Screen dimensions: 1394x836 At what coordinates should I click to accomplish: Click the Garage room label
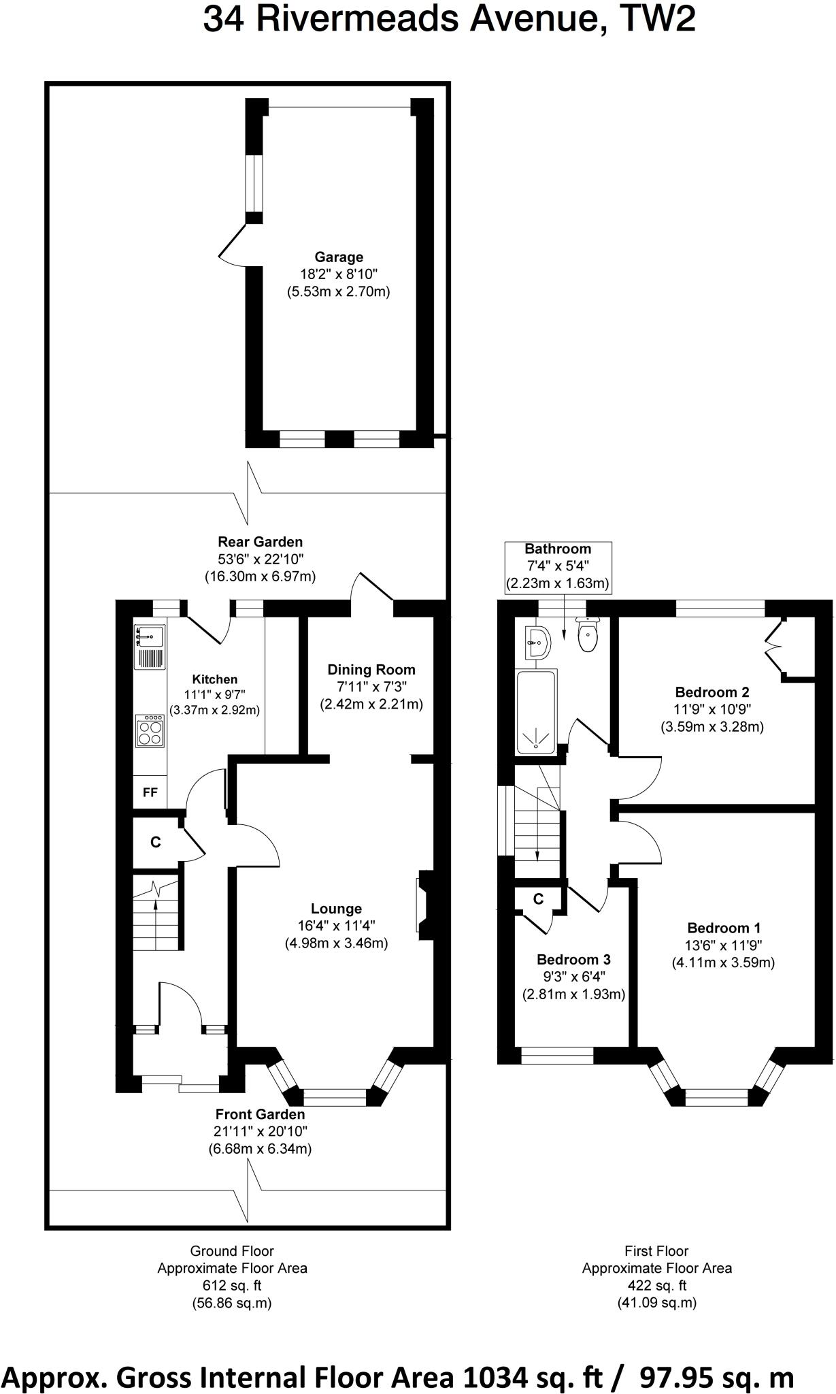click(338, 257)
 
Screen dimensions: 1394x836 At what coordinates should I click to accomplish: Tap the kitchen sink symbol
click(150, 637)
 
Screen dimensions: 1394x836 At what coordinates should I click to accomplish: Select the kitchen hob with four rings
click(150, 730)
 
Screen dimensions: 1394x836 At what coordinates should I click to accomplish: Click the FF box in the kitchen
click(150, 793)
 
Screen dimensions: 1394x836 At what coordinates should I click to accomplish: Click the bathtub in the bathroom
click(536, 711)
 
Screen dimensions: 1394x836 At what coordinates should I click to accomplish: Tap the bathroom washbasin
click(538, 642)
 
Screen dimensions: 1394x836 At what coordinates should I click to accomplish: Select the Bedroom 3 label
click(573, 960)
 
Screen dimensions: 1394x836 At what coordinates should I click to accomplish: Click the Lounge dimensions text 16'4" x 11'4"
click(336, 926)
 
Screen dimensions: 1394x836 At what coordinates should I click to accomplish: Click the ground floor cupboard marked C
click(156, 843)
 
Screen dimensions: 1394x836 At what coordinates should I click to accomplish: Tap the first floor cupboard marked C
click(538, 899)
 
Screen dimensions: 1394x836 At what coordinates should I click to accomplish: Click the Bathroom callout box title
click(557, 549)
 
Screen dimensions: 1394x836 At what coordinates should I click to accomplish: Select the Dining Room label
click(371, 670)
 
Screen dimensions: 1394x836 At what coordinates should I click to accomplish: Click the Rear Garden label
click(260, 542)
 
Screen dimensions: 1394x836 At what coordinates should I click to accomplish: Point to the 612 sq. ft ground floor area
click(232, 1286)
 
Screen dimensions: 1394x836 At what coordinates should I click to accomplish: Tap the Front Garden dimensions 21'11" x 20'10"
click(260, 1131)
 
